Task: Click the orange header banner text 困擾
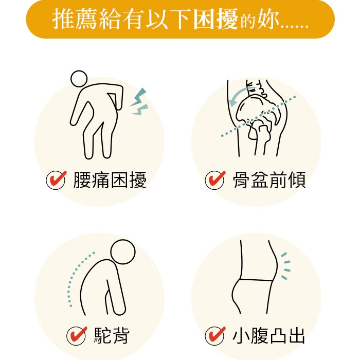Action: tap(215, 19)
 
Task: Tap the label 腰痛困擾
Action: tap(110, 180)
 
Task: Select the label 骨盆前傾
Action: tap(269, 180)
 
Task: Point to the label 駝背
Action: tap(112, 335)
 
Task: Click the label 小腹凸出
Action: tap(268, 335)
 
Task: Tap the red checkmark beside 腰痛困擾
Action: tap(56, 179)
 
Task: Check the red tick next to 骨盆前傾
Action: tap(215, 179)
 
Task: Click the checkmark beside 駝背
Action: tap(77, 335)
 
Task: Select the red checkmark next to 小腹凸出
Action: tap(215, 335)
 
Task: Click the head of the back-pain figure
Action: tap(79, 79)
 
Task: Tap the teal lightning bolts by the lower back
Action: tap(139, 101)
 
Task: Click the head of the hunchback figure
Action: tap(123, 251)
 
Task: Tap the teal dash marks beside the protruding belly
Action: tap(286, 266)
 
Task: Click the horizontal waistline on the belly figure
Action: tap(257, 280)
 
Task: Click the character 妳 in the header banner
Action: tap(268, 20)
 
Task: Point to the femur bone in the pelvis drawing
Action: tap(262, 140)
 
